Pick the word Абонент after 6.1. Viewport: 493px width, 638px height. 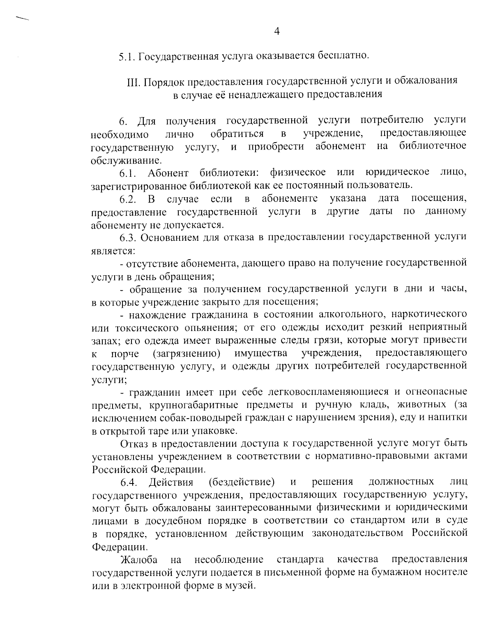(168, 173)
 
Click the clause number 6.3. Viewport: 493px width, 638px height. (128, 238)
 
